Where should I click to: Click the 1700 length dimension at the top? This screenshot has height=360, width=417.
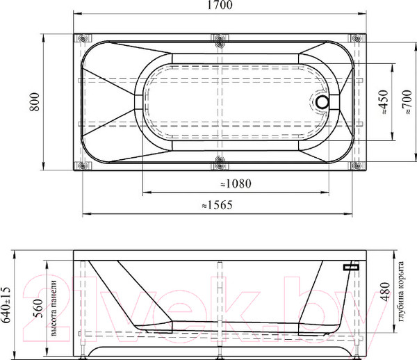(x=220, y=5)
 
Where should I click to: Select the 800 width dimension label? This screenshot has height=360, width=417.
(x=35, y=102)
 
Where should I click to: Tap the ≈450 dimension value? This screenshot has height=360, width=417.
(x=384, y=102)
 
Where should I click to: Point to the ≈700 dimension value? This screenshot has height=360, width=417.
(x=407, y=102)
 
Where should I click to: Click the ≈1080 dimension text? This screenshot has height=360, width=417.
(x=236, y=183)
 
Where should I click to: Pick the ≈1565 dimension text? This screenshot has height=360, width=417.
(x=217, y=205)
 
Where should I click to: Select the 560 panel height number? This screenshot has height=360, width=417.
(x=38, y=309)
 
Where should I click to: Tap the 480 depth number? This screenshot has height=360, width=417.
(x=385, y=292)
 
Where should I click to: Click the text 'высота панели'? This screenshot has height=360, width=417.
(x=54, y=308)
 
